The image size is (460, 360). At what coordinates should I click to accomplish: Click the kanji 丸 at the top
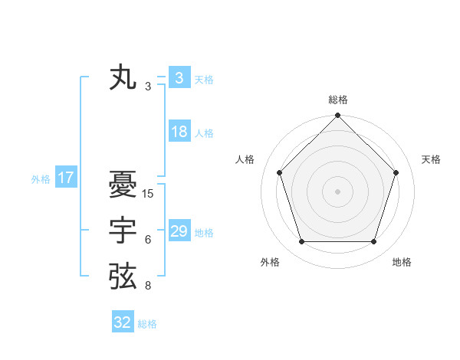[x=123, y=79]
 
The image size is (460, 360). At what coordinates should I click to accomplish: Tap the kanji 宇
[x=123, y=231]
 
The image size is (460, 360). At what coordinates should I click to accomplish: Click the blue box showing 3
[x=179, y=78]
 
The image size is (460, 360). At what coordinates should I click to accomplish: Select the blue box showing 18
[x=179, y=132]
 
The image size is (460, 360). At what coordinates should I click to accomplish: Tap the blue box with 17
[x=66, y=178]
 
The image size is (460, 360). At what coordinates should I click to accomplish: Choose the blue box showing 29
[x=179, y=231]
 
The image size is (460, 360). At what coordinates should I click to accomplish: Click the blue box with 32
[x=123, y=322]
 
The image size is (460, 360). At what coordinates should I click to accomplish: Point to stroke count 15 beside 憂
[x=148, y=194]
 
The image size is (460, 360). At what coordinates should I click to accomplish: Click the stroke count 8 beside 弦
[x=148, y=286]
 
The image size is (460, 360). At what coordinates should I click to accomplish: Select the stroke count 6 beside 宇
[x=148, y=240]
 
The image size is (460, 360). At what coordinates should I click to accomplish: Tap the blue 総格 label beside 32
[x=147, y=324]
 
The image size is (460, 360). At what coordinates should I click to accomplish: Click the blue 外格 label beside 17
[x=41, y=179]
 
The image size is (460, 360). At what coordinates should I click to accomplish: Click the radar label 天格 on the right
[x=432, y=159]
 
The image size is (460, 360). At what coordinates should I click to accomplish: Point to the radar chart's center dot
[x=337, y=191]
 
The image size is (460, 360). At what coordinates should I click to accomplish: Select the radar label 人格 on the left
[x=245, y=159]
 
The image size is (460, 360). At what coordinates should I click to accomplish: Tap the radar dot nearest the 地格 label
[x=373, y=242]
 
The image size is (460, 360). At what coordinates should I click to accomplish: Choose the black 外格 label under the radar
[x=270, y=262]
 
